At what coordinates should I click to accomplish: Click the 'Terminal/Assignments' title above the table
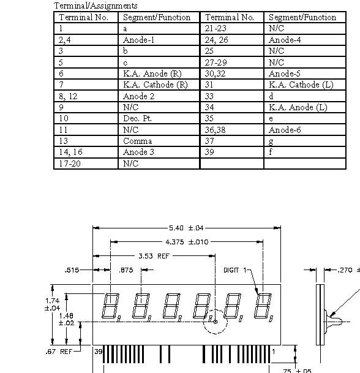[96, 6]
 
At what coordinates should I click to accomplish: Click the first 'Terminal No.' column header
[83, 17]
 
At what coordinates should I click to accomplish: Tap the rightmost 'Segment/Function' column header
[302, 17]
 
